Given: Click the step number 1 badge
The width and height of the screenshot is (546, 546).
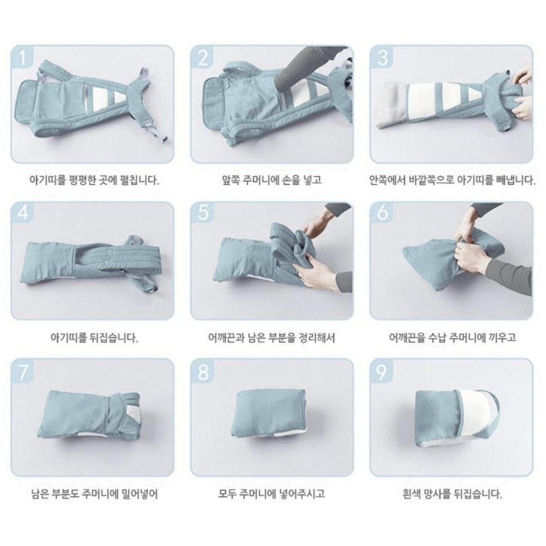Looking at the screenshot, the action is [x=23, y=56].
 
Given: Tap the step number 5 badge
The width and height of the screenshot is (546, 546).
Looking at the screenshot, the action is [x=202, y=213].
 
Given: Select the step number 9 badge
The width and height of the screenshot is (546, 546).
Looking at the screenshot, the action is [x=382, y=370].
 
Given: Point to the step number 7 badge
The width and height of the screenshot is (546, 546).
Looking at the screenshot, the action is [x=23, y=370].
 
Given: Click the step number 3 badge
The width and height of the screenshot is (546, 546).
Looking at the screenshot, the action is [x=382, y=56].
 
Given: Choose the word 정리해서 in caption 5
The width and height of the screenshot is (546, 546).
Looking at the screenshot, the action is [x=317, y=338].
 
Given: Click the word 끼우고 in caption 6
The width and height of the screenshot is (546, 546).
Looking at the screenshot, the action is [x=503, y=338].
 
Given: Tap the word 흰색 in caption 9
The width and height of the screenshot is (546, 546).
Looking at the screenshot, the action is [x=411, y=494].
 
